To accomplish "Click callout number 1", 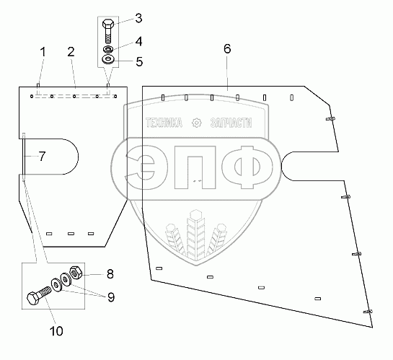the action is pos(43,53).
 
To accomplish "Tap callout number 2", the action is pos(71,52).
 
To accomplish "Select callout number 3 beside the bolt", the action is pos(138,18).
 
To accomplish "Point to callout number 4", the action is pos(139,41).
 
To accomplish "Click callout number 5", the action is pos(139,61).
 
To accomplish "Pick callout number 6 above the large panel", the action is pos(227,48).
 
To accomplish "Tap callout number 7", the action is pos(42,157).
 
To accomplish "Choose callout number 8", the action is pos(110,274).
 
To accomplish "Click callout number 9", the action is pos(111,297).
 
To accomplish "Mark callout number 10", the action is pos(57,331).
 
